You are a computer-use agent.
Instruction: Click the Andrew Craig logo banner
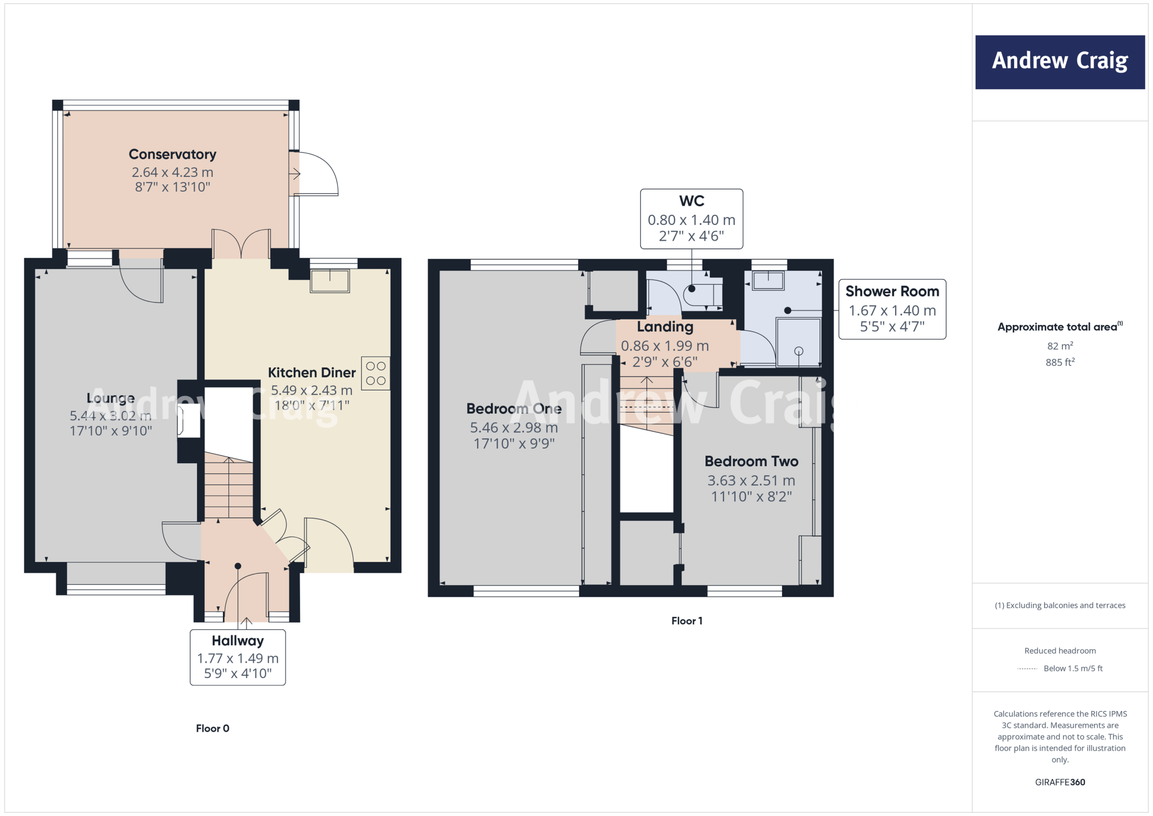pos(1060,62)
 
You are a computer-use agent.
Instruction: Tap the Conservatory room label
pos(172,154)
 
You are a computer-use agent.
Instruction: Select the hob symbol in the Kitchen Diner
pos(376,374)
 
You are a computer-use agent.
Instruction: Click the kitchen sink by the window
pos(330,281)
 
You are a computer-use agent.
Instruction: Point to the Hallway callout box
pos(238,657)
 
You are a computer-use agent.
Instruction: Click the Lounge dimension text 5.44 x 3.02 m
pos(110,416)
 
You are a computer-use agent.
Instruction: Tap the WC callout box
pos(691,219)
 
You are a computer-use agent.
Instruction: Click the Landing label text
pos(665,327)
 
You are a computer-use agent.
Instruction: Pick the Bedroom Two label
pos(751,462)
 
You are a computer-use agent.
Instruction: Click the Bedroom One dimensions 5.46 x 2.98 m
pos(513,428)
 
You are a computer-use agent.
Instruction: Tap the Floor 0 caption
pos(212,728)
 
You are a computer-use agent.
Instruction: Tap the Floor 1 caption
pos(686,620)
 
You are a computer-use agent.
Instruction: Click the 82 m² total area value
pos(1060,346)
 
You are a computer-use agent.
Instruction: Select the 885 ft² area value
pos(1060,362)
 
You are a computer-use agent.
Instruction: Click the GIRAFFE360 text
pos(1060,782)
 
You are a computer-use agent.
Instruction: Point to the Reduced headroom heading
pos(1060,651)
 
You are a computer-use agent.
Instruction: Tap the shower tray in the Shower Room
pos(798,342)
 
